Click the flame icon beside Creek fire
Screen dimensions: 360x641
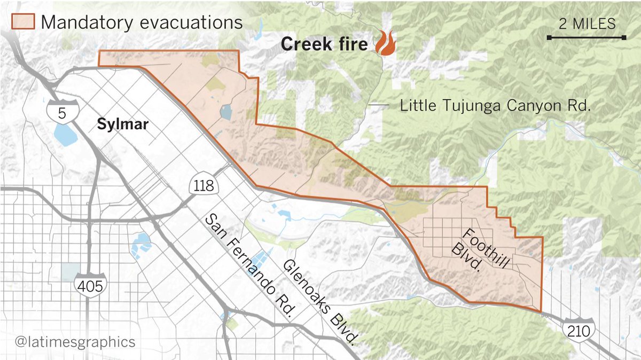click(x=385, y=43)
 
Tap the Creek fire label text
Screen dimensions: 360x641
click(x=324, y=44)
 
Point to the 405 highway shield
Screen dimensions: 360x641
click(x=89, y=284)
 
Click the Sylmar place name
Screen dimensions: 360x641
click(x=122, y=124)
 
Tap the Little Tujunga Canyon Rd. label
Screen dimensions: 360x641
click(x=495, y=106)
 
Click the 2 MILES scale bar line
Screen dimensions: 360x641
click(x=586, y=37)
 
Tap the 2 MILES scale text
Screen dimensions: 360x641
click(x=587, y=24)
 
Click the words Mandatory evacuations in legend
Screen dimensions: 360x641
click(x=142, y=22)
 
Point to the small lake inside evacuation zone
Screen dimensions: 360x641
click(x=225, y=112)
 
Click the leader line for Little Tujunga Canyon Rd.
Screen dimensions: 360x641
click(x=379, y=106)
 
